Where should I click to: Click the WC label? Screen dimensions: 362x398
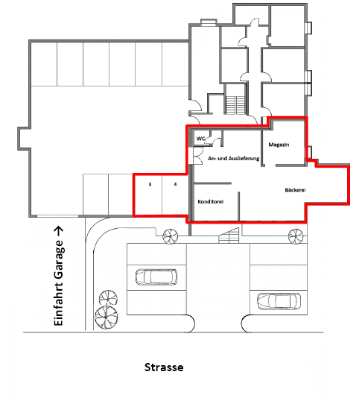(x=200, y=139)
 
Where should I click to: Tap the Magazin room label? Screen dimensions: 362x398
(x=279, y=145)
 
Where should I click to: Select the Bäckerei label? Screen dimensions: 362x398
(x=295, y=190)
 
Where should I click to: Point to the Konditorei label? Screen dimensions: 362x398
(x=211, y=202)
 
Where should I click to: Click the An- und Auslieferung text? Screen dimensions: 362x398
(x=233, y=159)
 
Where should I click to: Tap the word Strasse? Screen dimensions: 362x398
(x=164, y=367)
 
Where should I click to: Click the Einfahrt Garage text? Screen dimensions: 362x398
(x=59, y=282)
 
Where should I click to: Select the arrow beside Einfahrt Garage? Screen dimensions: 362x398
(x=59, y=231)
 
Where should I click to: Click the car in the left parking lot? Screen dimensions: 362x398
(x=156, y=277)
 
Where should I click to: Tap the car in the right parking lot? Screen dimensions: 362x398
(x=279, y=301)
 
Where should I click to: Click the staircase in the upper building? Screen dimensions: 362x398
(x=235, y=105)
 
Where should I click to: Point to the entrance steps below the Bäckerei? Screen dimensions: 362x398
(x=229, y=236)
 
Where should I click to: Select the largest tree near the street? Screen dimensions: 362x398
(x=107, y=318)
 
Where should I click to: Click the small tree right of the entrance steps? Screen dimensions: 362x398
(x=296, y=236)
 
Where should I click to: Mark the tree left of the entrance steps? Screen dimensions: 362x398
(x=171, y=236)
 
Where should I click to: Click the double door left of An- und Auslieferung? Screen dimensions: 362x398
(x=197, y=156)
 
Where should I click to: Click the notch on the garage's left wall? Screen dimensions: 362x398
(x=24, y=139)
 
